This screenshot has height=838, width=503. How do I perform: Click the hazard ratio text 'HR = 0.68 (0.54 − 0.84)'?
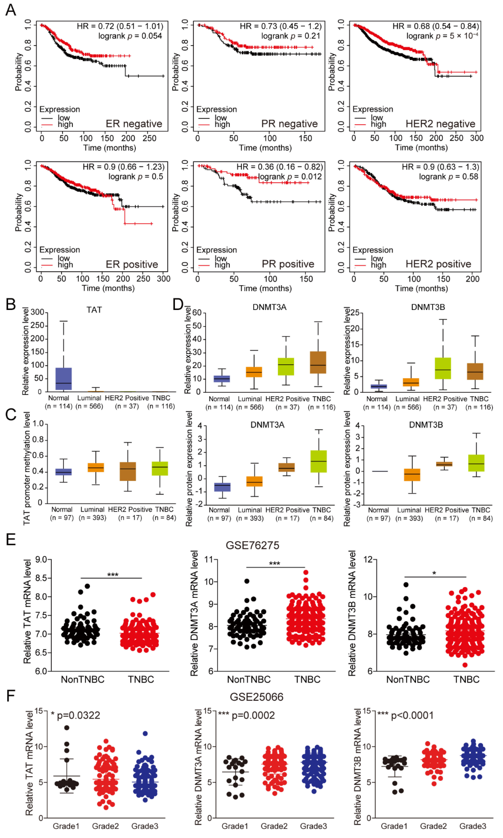pos(436,26)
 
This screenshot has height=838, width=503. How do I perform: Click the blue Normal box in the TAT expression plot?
pos(63,378)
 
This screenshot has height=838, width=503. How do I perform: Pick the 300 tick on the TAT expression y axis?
pos(37,312)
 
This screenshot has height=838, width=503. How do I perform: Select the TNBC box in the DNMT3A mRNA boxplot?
pos(318,363)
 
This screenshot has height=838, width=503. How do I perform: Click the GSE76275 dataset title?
pos(253,545)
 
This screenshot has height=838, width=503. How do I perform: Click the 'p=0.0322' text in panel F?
pos(79,715)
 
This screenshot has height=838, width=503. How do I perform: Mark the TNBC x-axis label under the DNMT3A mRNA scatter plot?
pos(307,679)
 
